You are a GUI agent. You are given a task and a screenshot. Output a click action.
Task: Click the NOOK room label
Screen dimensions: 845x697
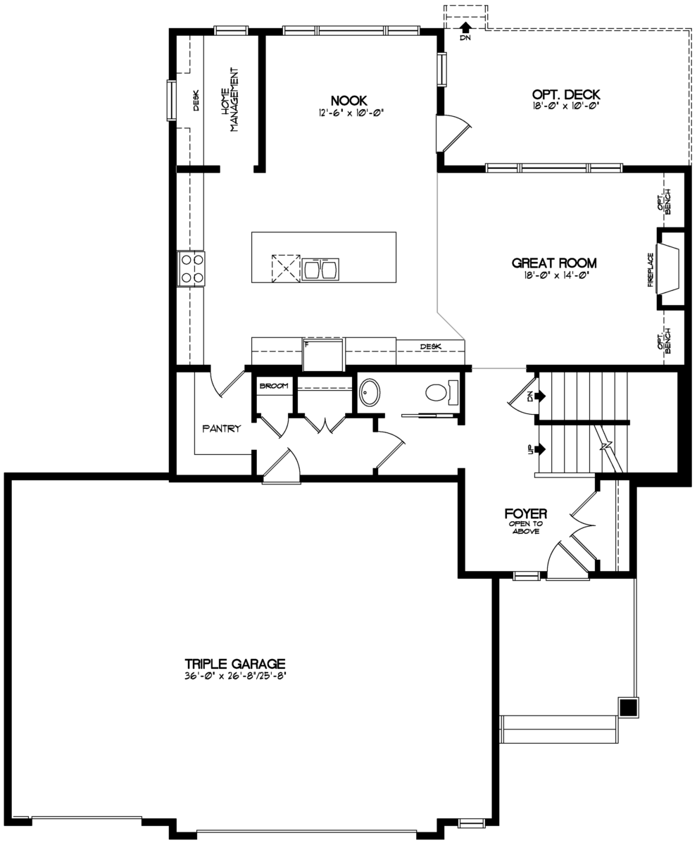coord(348,101)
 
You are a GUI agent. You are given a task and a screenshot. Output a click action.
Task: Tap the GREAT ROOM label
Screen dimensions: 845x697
coord(554,263)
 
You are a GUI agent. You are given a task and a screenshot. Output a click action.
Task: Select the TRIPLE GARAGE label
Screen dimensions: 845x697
coord(234,663)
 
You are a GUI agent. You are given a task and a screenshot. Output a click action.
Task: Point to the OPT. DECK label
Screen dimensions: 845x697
coord(566,94)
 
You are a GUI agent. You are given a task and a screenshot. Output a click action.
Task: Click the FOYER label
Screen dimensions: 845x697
coord(526,513)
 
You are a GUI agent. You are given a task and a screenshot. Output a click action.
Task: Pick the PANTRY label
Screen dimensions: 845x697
coord(222,428)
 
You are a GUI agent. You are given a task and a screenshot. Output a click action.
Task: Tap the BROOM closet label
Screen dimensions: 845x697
coord(274,387)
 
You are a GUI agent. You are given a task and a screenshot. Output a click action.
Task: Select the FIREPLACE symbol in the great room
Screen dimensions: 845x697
coord(667,269)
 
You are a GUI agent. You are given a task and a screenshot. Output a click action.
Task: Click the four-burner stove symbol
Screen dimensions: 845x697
coord(191,268)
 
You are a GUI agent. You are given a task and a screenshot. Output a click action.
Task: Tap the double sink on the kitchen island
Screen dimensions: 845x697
coord(321,269)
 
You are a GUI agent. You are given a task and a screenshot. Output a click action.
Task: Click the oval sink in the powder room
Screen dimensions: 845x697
coord(370,392)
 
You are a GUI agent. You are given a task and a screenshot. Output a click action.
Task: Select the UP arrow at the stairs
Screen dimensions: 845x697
coord(541,449)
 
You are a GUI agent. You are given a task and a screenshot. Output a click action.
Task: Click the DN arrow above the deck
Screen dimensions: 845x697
coord(465,28)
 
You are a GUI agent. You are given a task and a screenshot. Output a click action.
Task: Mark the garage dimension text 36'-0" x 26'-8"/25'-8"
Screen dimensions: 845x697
coord(234,676)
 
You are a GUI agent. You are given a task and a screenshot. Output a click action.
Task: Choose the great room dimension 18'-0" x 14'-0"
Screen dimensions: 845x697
coord(554,276)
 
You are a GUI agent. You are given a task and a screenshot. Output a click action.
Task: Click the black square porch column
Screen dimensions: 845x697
coord(629,707)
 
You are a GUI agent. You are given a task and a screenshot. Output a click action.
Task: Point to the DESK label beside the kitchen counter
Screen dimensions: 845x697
coord(430,346)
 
